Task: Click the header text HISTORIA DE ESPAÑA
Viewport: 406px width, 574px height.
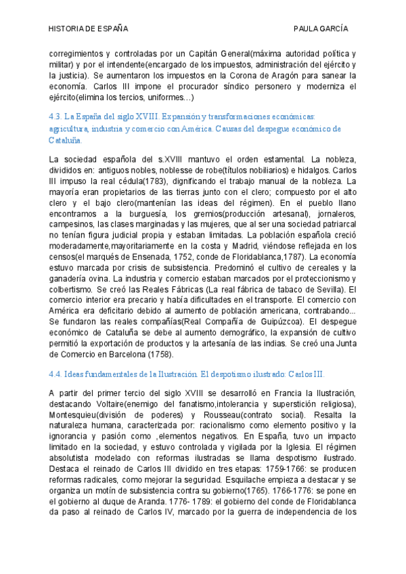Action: (x=88, y=29)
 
